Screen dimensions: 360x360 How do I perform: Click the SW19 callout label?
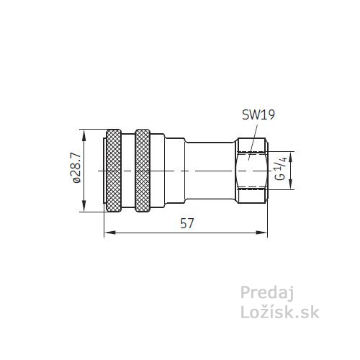tap(258, 115)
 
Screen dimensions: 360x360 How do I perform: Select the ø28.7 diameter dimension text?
tap(77, 168)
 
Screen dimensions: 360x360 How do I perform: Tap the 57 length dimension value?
tap(186, 224)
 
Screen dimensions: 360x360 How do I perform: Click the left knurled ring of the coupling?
tap(114, 171)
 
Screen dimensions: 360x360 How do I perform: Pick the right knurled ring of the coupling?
tap(143, 171)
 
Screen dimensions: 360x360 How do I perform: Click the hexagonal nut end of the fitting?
tap(252, 171)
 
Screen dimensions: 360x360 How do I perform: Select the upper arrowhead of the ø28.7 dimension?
tap(84, 135)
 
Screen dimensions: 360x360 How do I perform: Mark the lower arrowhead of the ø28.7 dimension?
tap(84, 207)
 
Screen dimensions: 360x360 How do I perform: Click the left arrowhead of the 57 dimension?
tap(109, 233)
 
